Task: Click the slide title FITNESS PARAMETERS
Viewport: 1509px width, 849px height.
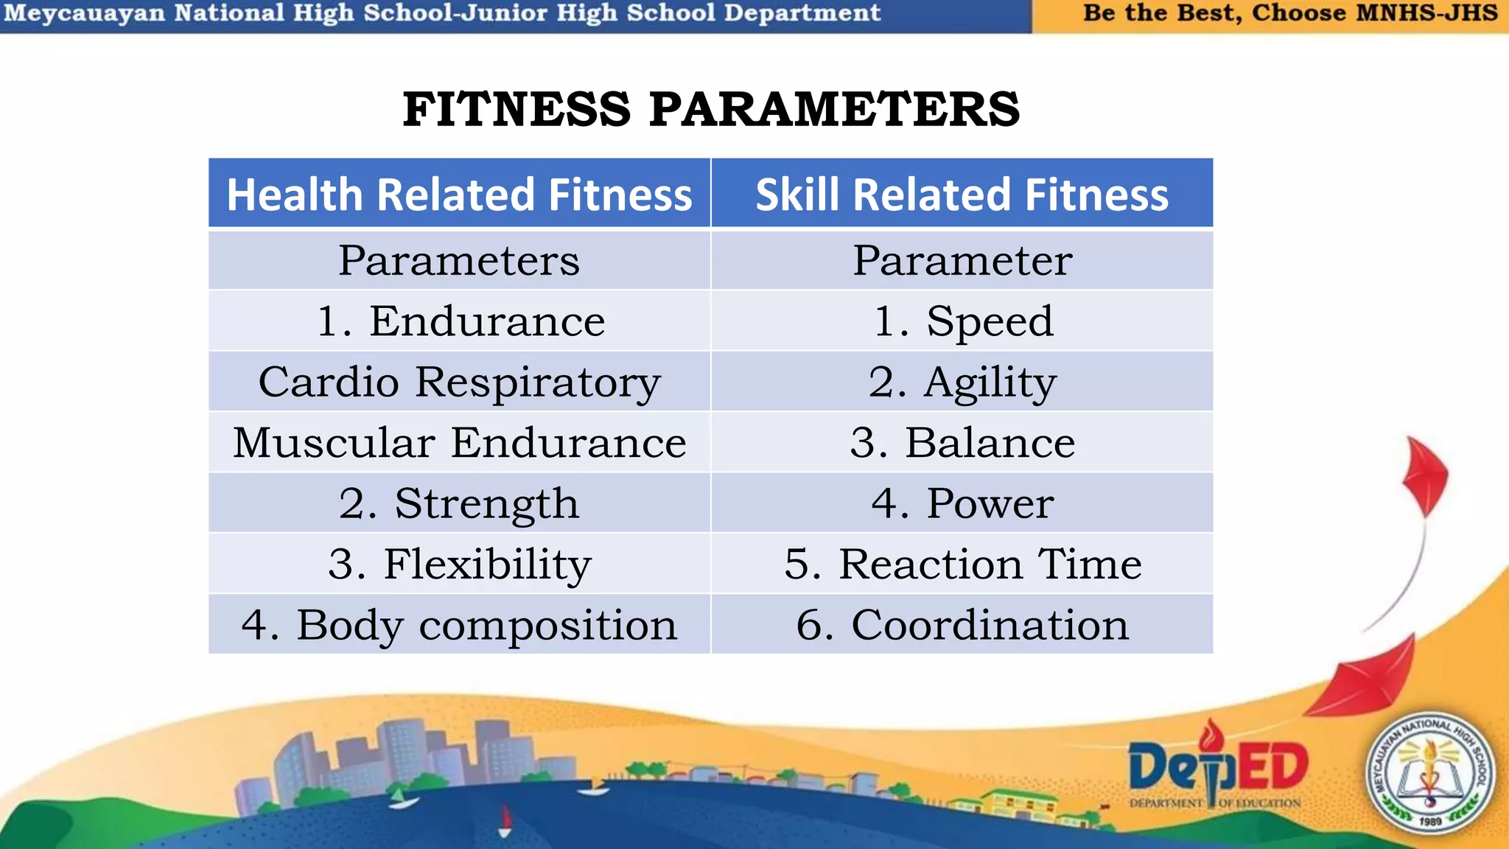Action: [711, 109]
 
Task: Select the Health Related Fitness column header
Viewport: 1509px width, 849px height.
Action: [459, 195]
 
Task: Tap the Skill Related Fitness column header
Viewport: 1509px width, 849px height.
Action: [962, 195]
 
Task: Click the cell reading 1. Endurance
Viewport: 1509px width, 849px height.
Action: [460, 321]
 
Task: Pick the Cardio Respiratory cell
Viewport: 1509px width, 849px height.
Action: [459, 382]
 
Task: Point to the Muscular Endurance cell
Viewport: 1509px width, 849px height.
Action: [459, 443]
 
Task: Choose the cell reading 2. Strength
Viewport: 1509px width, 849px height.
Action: [459, 503]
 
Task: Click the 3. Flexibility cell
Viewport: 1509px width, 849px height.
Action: [459, 565]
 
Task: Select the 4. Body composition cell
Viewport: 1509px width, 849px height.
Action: [459, 625]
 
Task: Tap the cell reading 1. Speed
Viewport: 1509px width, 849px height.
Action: [962, 321]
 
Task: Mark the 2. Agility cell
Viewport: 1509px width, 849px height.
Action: [962, 382]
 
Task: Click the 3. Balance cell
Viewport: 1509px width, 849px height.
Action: [962, 443]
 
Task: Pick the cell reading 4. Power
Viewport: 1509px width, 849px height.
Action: [962, 503]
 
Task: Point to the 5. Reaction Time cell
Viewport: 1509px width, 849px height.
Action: [962, 565]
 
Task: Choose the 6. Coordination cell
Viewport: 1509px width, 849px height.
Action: [962, 625]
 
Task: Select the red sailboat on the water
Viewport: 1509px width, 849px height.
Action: [505, 820]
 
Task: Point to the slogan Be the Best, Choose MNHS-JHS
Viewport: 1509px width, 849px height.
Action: [1289, 13]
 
